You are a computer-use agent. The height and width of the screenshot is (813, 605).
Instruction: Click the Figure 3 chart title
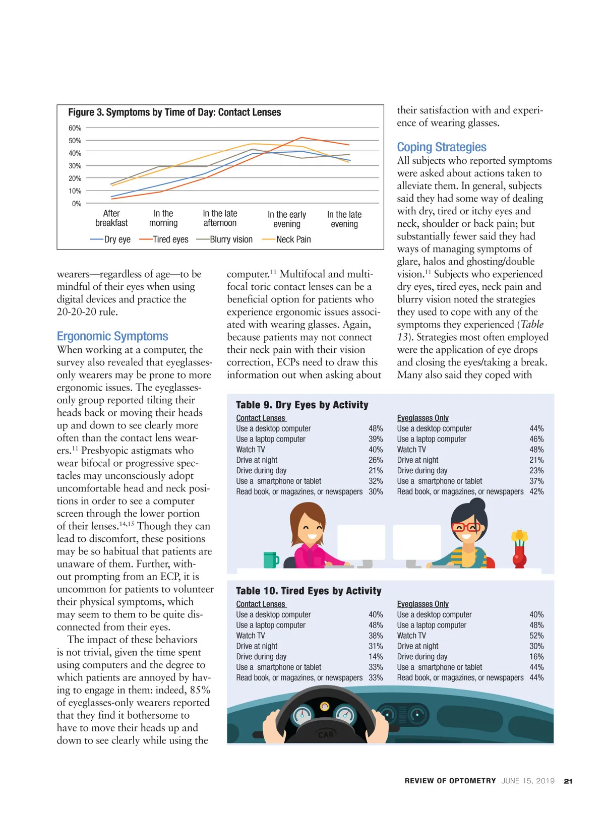click(174, 112)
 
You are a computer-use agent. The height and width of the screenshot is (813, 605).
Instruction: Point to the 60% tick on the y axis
click(75, 128)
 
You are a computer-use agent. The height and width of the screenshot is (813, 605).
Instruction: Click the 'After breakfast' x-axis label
click(111, 218)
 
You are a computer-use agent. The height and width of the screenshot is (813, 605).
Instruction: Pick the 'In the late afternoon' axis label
click(220, 218)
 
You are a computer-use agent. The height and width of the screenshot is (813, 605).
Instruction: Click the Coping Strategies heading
click(442, 147)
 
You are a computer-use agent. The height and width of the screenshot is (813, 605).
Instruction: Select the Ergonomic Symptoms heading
click(112, 336)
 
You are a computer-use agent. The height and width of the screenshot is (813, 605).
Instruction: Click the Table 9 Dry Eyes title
click(302, 405)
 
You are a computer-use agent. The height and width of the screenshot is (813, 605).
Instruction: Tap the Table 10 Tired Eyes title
click(309, 591)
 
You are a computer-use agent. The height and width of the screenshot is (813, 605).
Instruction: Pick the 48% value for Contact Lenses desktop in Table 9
click(376, 428)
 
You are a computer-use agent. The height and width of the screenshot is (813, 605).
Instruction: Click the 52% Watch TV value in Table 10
click(536, 636)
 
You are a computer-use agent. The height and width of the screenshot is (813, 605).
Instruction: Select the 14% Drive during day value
click(376, 657)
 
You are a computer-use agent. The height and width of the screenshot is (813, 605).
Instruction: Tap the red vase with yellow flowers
click(519, 549)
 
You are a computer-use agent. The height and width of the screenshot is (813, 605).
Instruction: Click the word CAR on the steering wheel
click(326, 734)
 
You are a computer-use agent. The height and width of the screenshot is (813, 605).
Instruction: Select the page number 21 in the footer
click(568, 781)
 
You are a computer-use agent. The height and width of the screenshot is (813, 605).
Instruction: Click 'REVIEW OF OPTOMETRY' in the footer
click(450, 781)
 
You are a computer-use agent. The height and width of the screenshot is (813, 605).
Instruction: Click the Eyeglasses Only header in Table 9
click(422, 418)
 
